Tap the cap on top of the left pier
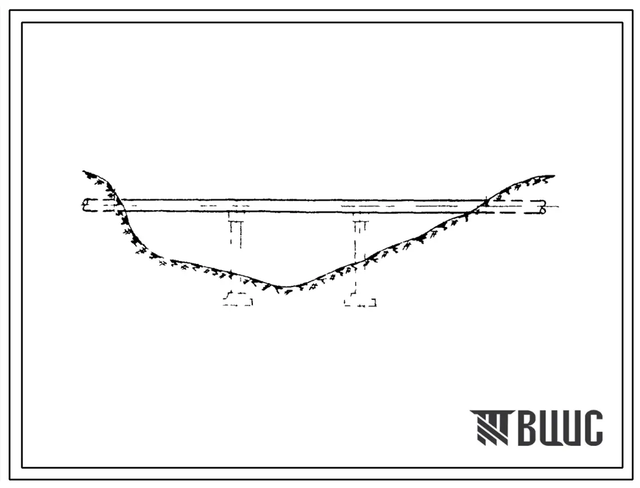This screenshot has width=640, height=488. pos(237,222)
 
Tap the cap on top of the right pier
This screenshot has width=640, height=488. pos(360,223)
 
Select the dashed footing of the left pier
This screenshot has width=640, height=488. pos(238,299)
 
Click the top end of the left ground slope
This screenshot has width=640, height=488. pos(84,172)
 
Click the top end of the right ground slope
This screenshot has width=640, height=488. pos(553,176)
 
